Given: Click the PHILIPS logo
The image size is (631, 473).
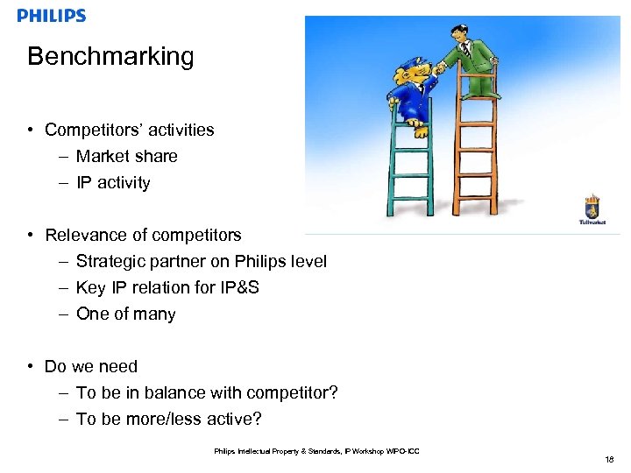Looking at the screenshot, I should pos(52,15).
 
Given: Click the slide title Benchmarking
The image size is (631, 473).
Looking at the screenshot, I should pos(110,57).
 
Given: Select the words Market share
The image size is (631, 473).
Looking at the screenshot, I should pos(126,156).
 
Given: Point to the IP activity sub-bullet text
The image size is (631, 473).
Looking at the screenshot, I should pos(113,182).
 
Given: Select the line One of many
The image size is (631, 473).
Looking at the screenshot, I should pos(125,314).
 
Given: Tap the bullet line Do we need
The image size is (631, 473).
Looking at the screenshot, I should pos(90,366).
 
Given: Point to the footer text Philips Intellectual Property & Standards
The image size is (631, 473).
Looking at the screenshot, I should pos(290,451).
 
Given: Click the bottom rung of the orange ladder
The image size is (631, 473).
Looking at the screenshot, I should pos(474,198).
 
